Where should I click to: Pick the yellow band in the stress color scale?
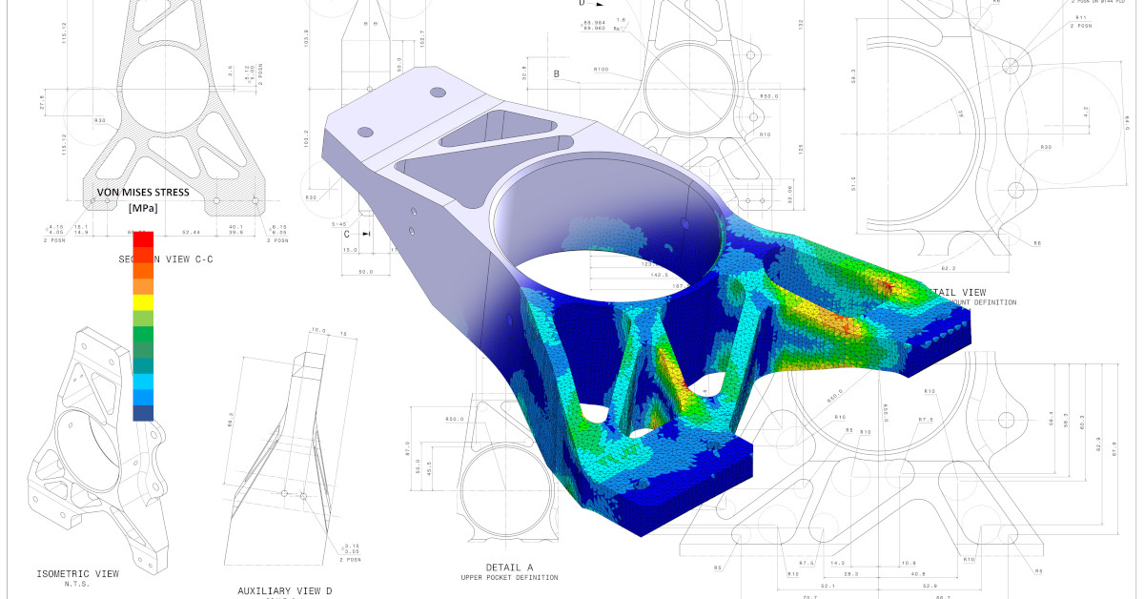coord(142,302)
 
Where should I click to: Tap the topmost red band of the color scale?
coord(142,238)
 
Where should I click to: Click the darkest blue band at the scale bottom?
coord(142,412)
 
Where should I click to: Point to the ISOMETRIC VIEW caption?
coord(78,573)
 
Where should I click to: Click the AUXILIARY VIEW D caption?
coord(284,590)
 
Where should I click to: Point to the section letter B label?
coord(556,73)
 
